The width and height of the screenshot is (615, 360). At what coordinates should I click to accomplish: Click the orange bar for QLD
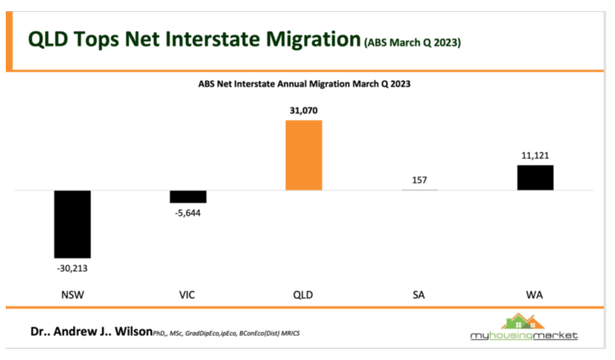(304, 155)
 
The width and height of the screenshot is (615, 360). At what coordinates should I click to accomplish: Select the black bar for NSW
(72, 224)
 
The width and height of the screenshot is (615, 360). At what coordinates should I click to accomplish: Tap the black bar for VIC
(188, 196)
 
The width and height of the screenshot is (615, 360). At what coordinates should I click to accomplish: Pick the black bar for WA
(535, 178)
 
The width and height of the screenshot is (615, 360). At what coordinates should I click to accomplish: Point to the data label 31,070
(304, 111)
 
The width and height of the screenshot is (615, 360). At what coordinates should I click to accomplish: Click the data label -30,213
(72, 268)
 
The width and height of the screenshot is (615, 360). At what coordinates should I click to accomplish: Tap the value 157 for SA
(419, 180)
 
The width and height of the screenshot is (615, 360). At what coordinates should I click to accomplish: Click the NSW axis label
(72, 295)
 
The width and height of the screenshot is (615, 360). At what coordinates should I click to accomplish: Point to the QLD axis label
(303, 295)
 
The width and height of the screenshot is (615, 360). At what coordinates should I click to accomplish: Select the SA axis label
(419, 295)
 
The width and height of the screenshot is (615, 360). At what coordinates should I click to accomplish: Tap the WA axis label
(535, 295)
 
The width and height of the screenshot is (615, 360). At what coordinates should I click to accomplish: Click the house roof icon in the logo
(524, 321)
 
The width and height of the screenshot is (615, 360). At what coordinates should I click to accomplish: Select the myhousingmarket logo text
(524, 335)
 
